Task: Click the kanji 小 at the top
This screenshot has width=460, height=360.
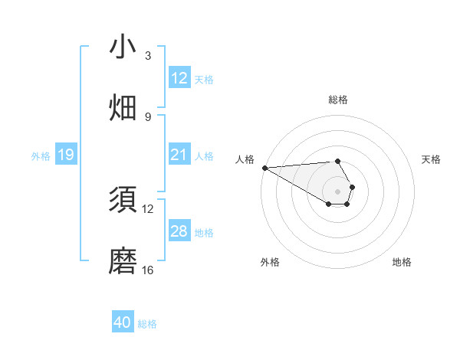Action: click(x=123, y=47)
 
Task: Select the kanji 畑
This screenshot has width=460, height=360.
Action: click(x=123, y=108)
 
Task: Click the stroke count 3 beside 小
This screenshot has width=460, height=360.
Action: click(x=148, y=56)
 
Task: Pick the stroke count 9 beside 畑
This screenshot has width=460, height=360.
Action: click(x=148, y=116)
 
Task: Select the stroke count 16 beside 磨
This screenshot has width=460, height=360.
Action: click(x=148, y=270)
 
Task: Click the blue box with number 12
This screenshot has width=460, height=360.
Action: click(x=179, y=78)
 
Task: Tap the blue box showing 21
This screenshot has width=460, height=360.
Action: click(x=179, y=155)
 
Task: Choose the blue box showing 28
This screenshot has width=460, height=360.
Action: click(x=179, y=231)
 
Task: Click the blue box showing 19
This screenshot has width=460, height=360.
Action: click(x=65, y=155)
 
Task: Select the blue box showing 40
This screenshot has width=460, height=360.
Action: click(x=123, y=322)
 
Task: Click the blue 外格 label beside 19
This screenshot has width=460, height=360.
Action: click(x=41, y=155)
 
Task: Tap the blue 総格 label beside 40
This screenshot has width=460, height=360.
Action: click(x=147, y=323)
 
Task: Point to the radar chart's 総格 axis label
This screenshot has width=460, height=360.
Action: click(x=338, y=100)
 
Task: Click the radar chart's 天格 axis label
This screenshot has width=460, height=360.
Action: click(x=432, y=159)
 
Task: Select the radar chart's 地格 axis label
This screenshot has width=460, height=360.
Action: click(x=402, y=262)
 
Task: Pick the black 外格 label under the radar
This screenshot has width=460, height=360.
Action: click(x=270, y=262)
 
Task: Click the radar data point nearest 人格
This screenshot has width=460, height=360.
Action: click(x=264, y=168)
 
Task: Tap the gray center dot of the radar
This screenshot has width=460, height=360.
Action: click(x=338, y=191)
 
